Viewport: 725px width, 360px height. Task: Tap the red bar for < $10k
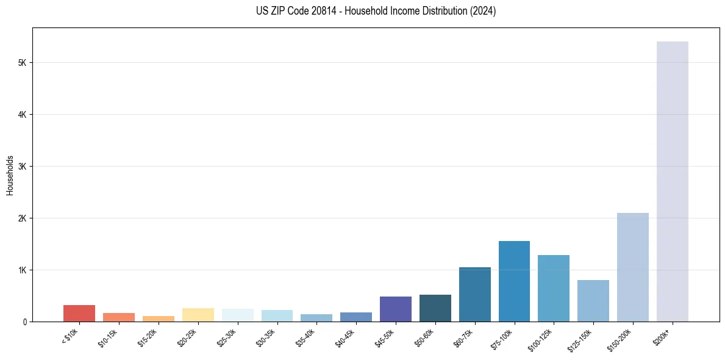point(79,313)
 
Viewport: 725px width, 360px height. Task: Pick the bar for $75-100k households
point(514,281)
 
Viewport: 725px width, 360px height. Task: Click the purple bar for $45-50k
point(395,309)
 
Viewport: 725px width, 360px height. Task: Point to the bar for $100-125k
point(554,288)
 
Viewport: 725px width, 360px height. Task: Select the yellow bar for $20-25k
point(198,315)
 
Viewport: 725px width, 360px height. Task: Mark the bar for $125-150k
point(593,301)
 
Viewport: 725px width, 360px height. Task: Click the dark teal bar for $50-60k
point(435,308)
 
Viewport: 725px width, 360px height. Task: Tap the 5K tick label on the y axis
point(22,63)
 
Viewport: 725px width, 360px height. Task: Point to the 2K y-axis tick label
point(22,218)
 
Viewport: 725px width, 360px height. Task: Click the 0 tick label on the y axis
point(24,322)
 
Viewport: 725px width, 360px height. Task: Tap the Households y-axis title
point(10,175)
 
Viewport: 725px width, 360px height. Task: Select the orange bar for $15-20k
point(158,319)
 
